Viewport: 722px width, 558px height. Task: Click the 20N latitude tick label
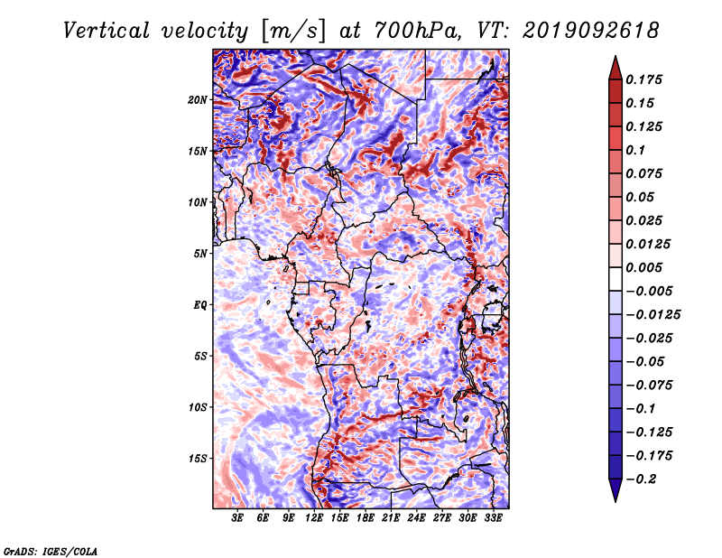197,100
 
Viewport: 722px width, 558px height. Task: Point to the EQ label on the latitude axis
199,305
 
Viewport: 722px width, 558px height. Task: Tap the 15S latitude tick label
197,459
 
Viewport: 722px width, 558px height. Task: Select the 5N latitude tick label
199,254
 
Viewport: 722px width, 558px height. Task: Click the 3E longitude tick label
237,518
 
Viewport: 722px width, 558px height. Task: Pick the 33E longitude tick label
493,518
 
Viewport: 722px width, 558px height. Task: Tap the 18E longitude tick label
366,518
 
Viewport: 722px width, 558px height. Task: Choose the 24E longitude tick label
416,518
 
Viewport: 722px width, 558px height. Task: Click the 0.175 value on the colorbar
643,79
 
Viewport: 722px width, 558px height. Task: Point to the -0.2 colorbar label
641,479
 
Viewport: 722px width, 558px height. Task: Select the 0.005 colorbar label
643,267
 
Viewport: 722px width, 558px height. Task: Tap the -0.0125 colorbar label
653,315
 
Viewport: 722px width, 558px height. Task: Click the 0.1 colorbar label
635,150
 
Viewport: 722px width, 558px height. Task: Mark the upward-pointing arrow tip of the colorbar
616,56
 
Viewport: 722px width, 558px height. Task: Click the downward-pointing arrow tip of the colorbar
616,501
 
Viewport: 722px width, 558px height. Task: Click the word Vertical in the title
106,31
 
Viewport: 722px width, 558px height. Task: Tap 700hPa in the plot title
417,31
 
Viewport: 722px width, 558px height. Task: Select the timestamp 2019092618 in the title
591,31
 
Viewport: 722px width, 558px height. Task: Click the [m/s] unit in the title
294,31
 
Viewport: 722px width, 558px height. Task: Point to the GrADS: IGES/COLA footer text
51,551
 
